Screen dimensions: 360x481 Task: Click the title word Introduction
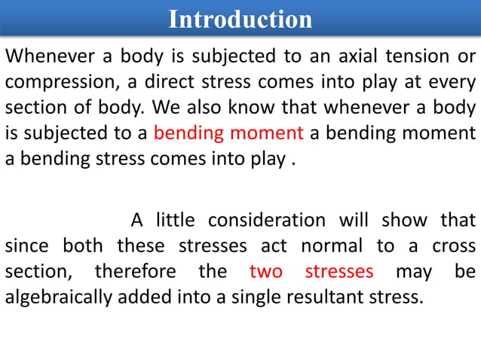(240, 19)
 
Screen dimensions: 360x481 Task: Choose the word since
(29, 246)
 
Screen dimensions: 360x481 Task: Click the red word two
(266, 271)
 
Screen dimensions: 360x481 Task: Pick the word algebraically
(60, 297)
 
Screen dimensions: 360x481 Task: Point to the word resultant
(325, 297)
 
